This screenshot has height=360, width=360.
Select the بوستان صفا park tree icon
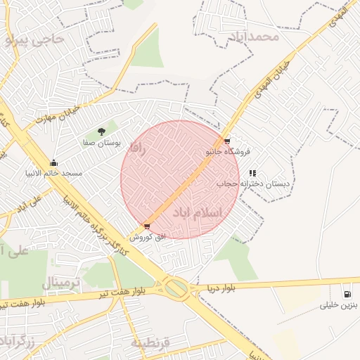click(101, 131)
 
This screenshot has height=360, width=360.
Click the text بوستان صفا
click(102, 142)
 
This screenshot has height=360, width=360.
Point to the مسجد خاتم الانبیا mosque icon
click(53, 163)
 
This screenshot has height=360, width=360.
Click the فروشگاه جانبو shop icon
click(226, 141)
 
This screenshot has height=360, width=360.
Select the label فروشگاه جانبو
click(228, 151)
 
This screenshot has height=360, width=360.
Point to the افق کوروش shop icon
click(146, 226)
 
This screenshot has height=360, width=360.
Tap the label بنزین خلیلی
click(340, 305)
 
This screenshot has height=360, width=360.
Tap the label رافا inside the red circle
click(137, 148)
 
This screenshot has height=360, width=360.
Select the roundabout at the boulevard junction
click(177, 288)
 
